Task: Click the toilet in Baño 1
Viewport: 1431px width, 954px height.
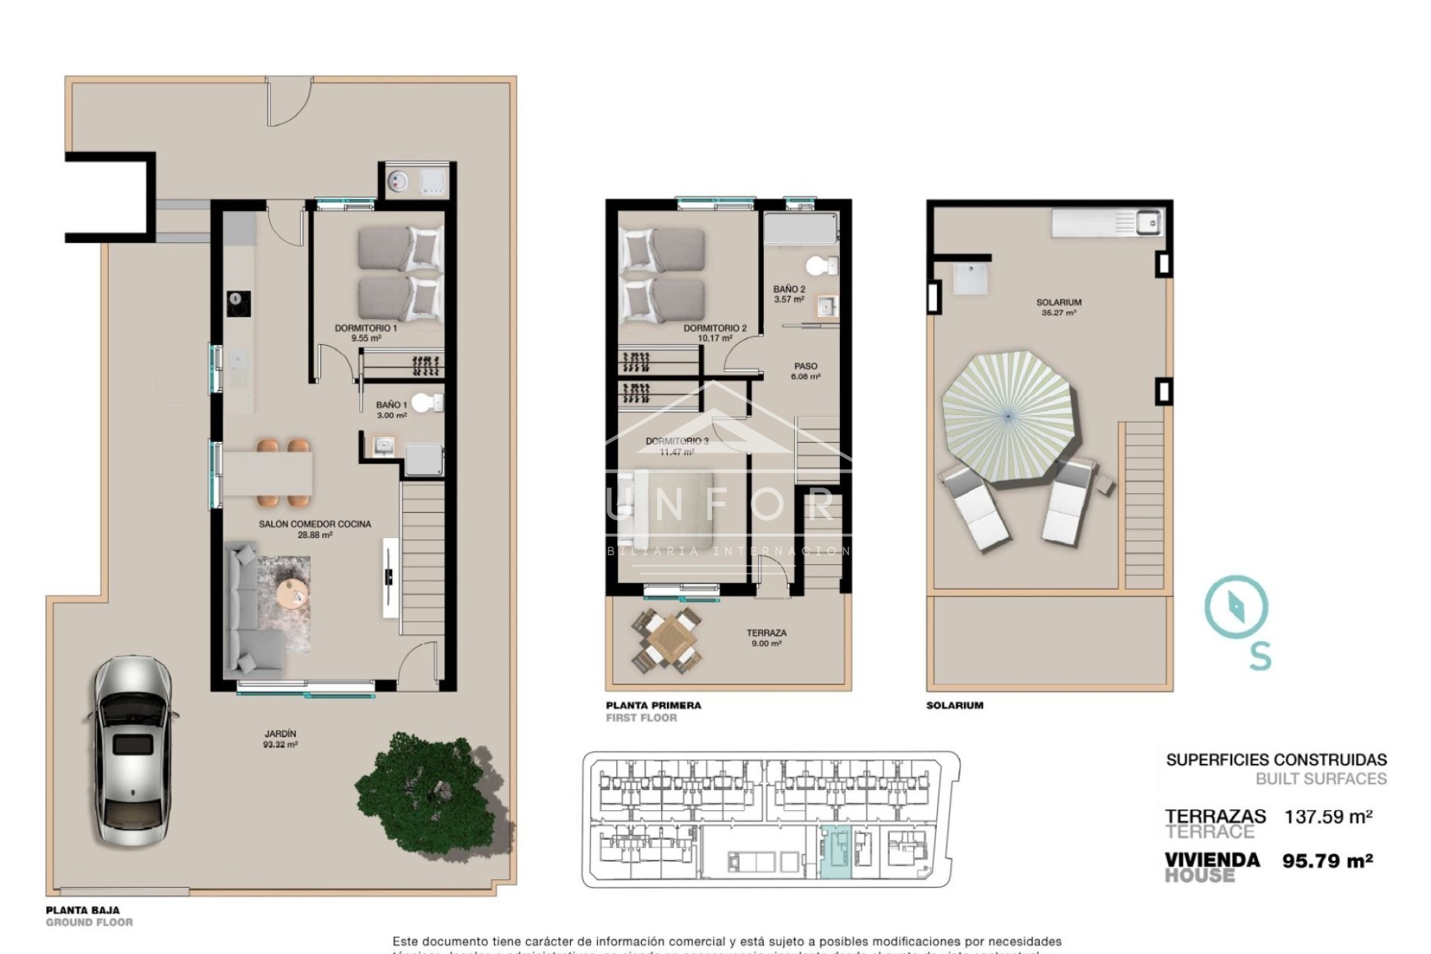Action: click(x=426, y=403)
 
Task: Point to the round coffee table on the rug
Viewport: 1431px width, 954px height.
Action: click(x=293, y=593)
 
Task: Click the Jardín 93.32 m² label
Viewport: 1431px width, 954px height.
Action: click(x=279, y=739)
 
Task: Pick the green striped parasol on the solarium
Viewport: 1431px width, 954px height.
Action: click(x=1007, y=417)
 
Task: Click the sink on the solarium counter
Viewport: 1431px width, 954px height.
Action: click(x=1147, y=221)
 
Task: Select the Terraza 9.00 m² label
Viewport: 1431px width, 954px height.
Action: click(x=766, y=638)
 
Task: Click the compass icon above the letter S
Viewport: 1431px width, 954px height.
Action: click(x=1236, y=605)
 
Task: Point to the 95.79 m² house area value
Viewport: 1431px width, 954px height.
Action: click(x=1327, y=861)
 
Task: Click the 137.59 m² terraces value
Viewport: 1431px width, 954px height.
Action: click(x=1328, y=817)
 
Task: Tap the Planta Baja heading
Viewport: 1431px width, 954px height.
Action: click(x=83, y=910)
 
